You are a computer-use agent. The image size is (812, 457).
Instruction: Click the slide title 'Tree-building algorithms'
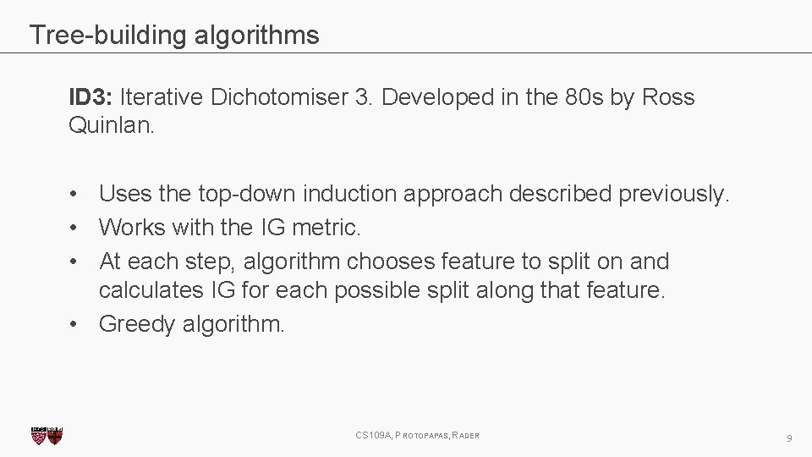click(x=174, y=36)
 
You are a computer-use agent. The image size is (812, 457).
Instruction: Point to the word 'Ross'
click(x=668, y=98)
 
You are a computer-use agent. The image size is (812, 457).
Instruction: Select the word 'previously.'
click(x=673, y=195)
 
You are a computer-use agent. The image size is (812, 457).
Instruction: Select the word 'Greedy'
click(x=137, y=324)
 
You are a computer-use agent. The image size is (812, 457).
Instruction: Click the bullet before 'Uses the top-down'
click(x=75, y=195)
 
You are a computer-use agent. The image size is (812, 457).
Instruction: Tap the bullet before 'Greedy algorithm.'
click(x=75, y=324)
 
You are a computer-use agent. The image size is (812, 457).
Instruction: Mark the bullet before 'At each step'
click(x=75, y=260)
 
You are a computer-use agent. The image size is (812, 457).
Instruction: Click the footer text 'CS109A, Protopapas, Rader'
click(x=417, y=436)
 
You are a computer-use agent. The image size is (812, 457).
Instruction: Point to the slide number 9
click(x=788, y=438)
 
